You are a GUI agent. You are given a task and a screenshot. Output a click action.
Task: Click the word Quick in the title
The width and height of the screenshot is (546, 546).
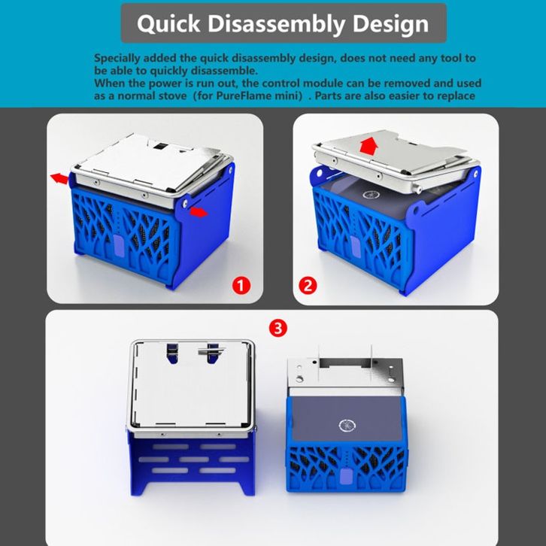(168, 23)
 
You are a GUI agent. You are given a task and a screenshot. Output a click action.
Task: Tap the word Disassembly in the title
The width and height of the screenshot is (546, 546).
(276, 23)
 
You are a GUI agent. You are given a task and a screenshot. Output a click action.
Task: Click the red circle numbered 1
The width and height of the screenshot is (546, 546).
(241, 286)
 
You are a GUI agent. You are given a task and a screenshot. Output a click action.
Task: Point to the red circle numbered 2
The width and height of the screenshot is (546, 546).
(308, 286)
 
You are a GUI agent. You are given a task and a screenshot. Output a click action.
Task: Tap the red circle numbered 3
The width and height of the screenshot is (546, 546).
(278, 328)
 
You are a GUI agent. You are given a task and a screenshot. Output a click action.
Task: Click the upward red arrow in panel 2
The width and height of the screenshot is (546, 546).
(369, 146)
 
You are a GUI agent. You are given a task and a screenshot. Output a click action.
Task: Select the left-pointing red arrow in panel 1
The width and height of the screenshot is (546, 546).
(59, 179)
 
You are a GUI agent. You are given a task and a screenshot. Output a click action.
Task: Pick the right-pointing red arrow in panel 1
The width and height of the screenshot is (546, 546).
(199, 212)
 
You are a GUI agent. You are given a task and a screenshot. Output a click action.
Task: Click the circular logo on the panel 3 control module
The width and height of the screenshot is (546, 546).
(346, 426)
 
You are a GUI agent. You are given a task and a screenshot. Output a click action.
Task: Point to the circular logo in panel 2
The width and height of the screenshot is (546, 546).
(369, 194)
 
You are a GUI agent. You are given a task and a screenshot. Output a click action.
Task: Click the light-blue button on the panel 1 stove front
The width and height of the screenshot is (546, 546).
(118, 242)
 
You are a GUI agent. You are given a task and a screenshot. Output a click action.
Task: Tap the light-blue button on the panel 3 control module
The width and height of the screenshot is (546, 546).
(345, 476)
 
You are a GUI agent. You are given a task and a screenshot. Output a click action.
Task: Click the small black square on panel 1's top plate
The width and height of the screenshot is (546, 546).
(160, 145)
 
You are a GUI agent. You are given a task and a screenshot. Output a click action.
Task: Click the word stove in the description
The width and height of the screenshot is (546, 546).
(172, 96)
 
